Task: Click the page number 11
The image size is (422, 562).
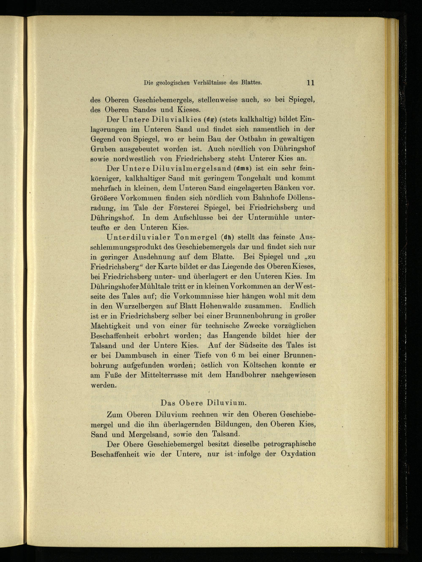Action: click(x=311, y=83)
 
